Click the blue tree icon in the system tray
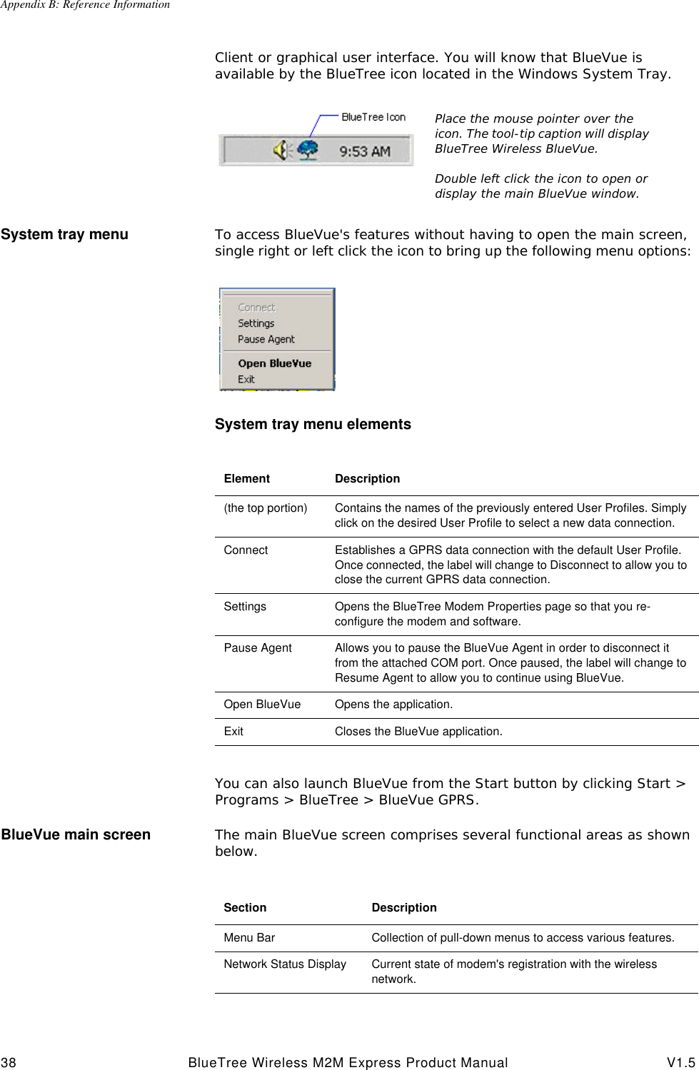308,150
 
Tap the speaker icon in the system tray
281,150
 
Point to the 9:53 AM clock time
364,151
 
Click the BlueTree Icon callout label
373,117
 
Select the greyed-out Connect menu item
256,308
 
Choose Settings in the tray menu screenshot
256,323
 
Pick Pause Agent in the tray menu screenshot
266,339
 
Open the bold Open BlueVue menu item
274,363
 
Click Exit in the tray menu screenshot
246,379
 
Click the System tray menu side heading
65,234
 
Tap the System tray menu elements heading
313,424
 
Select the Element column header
246,478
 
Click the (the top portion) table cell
266,508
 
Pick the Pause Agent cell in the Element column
258,648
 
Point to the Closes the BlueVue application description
418,732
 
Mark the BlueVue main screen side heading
76,834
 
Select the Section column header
245,908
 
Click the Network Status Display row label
285,964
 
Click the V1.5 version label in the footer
682,1063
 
